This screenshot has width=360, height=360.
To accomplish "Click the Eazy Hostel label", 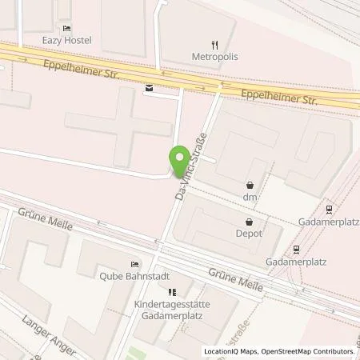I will (68, 40).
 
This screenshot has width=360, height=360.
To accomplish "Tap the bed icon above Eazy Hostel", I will (67, 27).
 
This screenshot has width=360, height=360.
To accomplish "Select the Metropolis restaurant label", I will (214, 57).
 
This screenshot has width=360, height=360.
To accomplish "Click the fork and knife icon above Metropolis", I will (214, 44).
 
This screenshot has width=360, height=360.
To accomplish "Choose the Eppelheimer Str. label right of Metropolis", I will (280, 98).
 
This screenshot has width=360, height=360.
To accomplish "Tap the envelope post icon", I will (148, 89).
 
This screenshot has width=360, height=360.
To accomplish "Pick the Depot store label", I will (249, 236).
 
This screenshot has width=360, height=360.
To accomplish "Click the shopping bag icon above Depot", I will (249, 223).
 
